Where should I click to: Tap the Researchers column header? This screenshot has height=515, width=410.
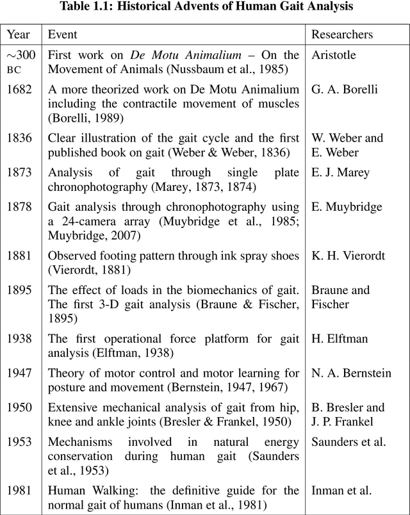[342, 35]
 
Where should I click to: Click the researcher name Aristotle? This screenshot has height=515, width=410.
[333, 55]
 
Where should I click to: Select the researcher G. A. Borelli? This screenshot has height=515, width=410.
[344, 89]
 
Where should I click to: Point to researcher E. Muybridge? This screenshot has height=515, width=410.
[347, 207]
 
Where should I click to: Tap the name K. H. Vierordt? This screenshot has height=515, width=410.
[348, 256]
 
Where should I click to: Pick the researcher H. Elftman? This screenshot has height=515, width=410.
[340, 339]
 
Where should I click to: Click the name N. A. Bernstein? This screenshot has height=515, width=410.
[351, 373]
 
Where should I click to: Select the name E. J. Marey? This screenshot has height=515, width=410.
[341, 172]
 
